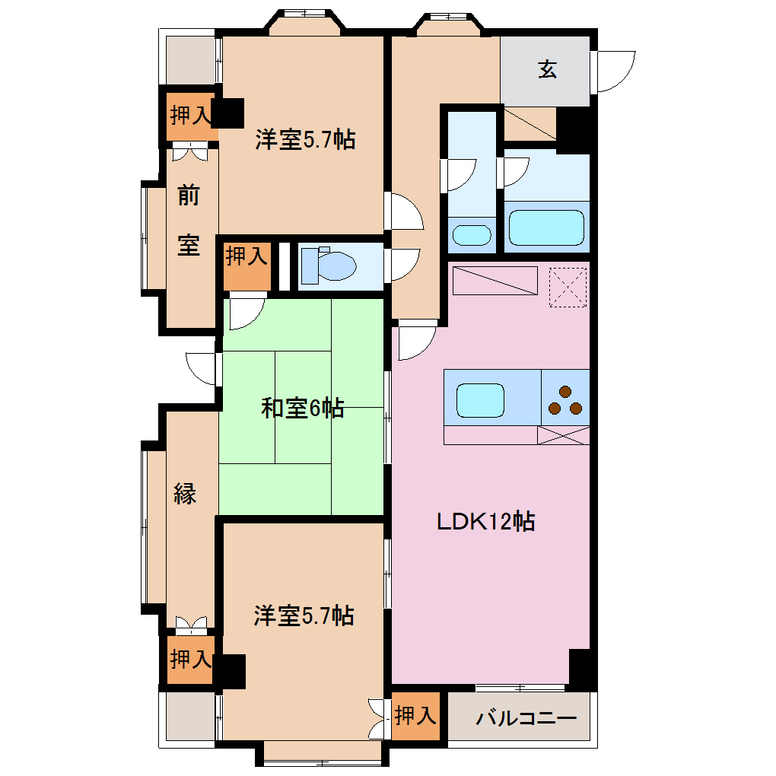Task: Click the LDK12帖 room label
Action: (485, 522)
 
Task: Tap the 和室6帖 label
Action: (302, 409)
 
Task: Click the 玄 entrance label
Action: (548, 70)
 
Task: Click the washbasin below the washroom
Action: (472, 235)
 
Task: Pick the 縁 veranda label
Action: (185, 494)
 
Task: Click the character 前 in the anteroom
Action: (188, 196)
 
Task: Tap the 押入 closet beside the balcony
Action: (416, 716)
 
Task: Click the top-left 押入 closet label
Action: (189, 116)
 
